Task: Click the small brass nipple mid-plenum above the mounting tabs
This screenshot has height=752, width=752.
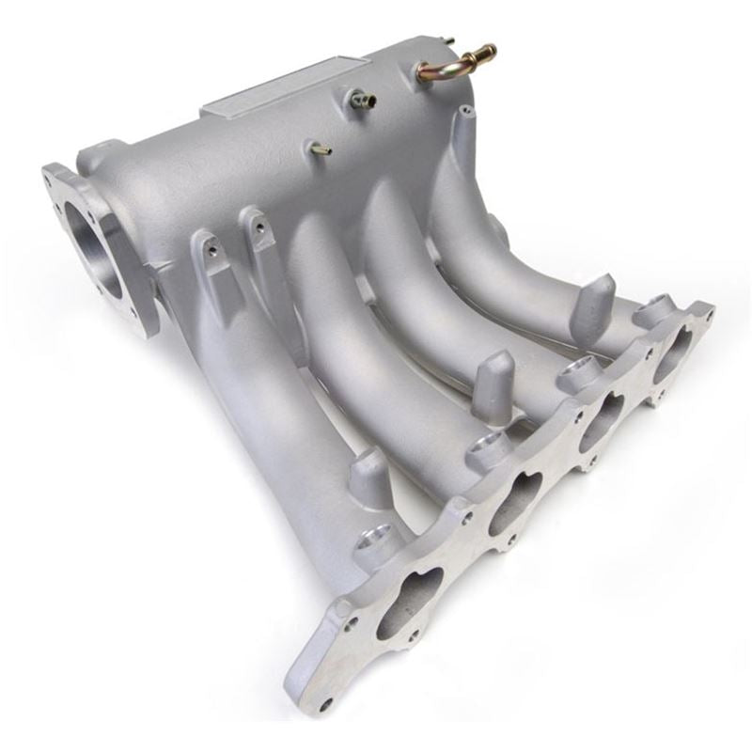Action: pos(321,149)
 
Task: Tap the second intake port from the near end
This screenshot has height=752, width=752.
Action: pos(514,504)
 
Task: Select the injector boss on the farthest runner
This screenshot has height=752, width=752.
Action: pos(655,310)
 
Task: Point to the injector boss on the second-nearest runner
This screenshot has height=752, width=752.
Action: pos(487,452)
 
